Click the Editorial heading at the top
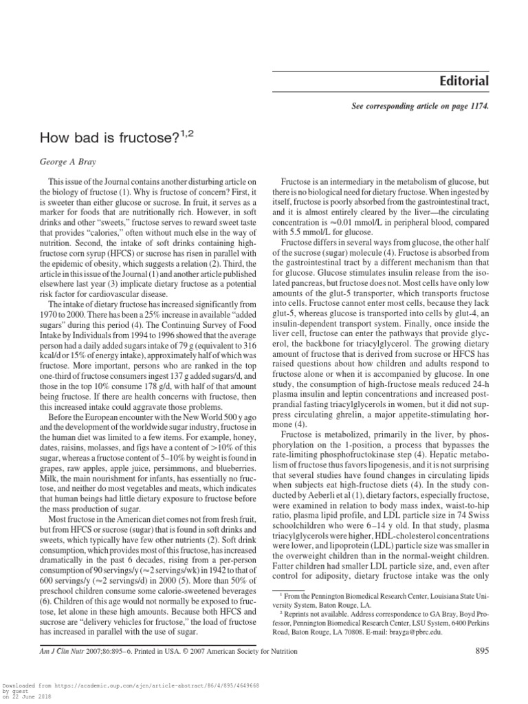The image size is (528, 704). click(464, 82)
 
